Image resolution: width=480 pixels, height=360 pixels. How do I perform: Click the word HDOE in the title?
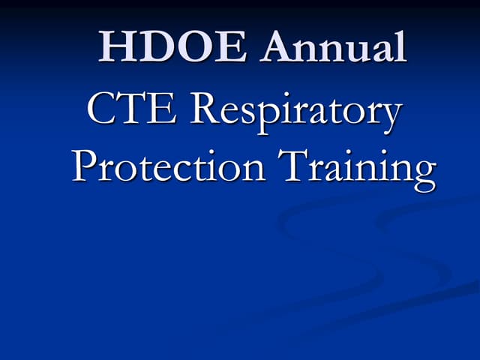point(174,46)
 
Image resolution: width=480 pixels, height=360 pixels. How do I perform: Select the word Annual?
point(334,46)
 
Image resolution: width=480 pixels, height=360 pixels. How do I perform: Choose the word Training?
point(358,168)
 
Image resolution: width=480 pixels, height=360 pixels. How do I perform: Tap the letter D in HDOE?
point(156,46)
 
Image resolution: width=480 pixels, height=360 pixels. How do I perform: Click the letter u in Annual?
point(352,51)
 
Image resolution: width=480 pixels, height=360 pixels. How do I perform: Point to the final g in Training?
point(423,174)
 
